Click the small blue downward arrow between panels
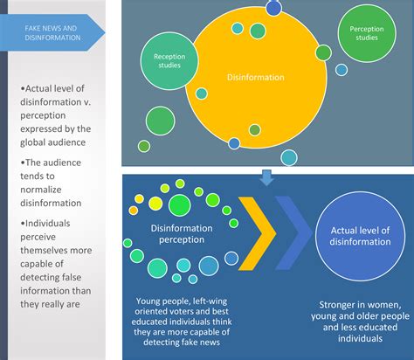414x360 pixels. click(x=267, y=177)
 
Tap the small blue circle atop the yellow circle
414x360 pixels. click(x=273, y=8)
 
